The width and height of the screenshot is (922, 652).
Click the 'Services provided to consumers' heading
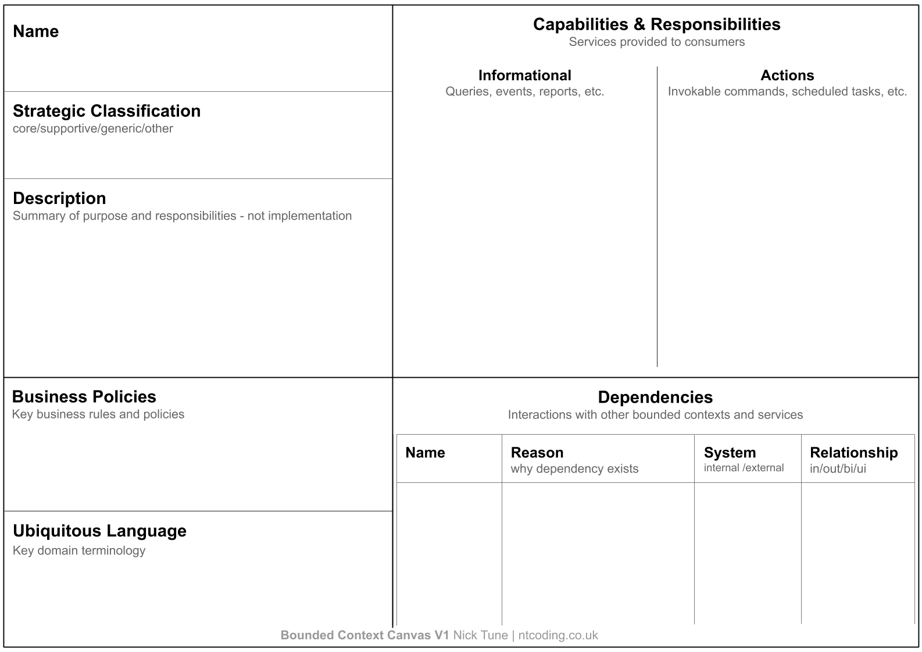[656, 42]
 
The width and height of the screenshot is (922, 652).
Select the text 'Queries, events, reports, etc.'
[524, 92]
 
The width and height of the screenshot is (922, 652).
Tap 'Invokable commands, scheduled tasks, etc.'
[787, 92]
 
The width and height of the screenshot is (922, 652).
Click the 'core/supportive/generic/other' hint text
[93, 128]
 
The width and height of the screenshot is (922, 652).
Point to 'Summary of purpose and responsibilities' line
[182, 216]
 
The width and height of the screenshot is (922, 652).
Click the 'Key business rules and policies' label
[98, 414]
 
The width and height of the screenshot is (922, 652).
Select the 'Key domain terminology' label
[79, 551]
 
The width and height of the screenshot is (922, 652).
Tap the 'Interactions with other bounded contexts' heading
[655, 415]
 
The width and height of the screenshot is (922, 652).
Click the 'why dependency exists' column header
[574, 469]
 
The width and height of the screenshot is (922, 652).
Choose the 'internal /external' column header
[744, 468]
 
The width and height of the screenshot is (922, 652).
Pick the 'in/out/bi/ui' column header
[838, 469]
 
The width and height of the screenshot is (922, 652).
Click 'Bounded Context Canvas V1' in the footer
[364, 636]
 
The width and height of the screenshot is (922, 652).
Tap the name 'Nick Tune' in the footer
[480, 636]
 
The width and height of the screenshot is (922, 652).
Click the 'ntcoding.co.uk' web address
[558, 636]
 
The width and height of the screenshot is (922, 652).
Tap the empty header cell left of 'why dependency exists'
[449, 458]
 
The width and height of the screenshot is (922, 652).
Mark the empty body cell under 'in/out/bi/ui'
[857, 552]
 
